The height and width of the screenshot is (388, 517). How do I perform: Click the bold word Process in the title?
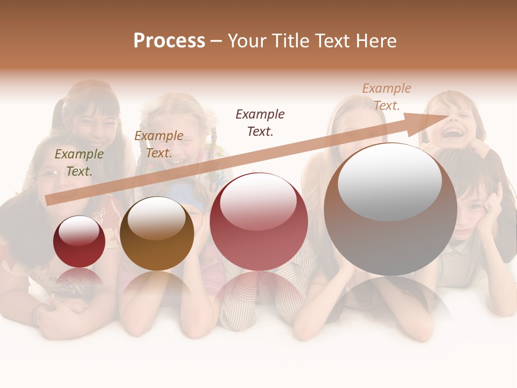click(169, 41)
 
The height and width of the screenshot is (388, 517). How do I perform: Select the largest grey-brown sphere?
click(390, 210)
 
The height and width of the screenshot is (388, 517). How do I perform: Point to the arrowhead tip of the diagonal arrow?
click(450, 115)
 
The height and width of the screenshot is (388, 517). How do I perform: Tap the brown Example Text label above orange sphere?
click(159, 144)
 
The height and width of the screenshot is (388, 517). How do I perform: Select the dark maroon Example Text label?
click(260, 122)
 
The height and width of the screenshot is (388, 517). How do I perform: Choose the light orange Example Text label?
click(386, 97)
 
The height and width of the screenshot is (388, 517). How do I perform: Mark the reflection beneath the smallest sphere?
click(79, 280)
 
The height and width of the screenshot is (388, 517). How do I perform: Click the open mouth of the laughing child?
click(454, 132)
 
